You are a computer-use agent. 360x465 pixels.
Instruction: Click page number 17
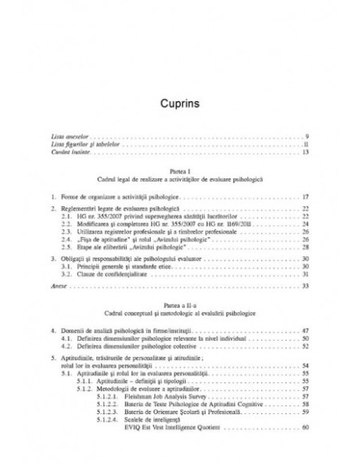pyautogui.click(x=305, y=195)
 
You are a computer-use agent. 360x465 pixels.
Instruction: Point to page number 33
pyautogui.click(x=305, y=285)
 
